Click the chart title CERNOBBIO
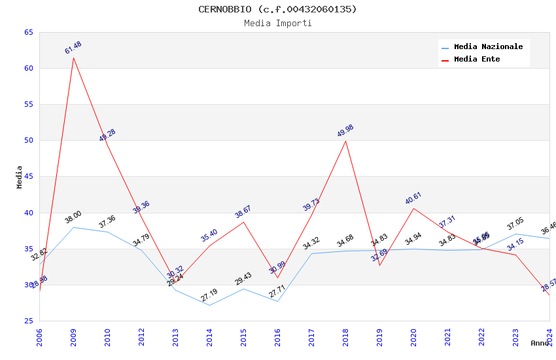click(277, 9)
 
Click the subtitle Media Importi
click(277, 24)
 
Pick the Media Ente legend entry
click(477, 60)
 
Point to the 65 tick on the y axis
click(28, 32)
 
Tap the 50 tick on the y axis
click(28, 140)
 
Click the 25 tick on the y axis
click(28, 321)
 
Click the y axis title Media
click(20, 177)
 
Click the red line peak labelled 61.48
click(73, 58)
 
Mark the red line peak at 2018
click(345, 141)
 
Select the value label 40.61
click(413, 198)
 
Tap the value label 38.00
click(73, 217)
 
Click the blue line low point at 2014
click(209, 305)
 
